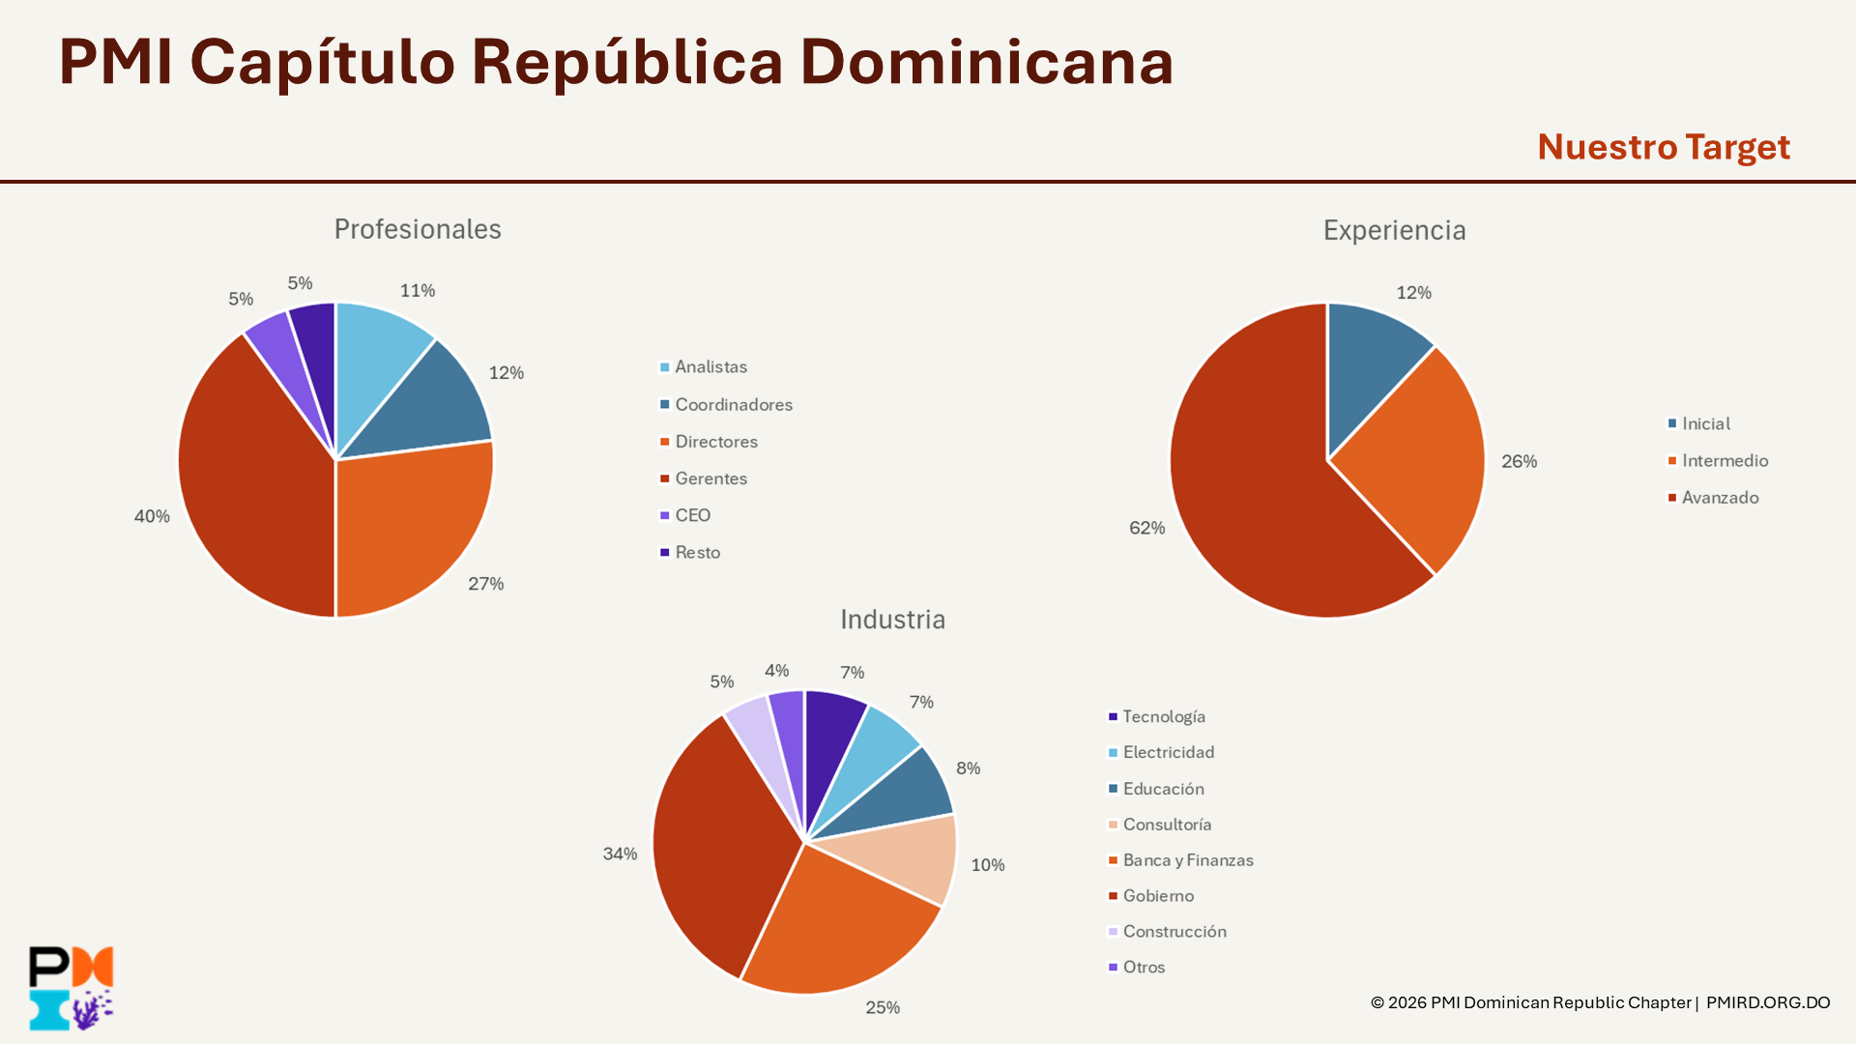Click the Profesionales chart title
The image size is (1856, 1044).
coord(418,229)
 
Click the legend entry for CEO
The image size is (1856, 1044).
coord(692,515)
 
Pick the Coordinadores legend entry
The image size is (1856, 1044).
coord(733,404)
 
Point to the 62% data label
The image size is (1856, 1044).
coord(1147,528)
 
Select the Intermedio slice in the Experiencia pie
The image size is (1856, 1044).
coord(1411,454)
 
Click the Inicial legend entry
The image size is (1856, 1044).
coord(1705,423)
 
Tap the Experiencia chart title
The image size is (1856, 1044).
coord(1394,230)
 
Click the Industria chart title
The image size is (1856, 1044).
coord(892,620)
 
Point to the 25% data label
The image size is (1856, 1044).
coord(883,1007)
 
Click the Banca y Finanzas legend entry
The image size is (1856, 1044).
coord(1187,860)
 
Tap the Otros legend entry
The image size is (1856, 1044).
coord(1144,967)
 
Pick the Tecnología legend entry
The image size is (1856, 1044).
coord(1163,716)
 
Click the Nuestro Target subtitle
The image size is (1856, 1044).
coord(1664,147)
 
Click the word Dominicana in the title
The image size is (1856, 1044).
coord(986,62)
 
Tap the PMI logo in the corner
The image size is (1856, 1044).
coord(72,988)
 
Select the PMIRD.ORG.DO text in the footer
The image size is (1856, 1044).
coord(1768,1002)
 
